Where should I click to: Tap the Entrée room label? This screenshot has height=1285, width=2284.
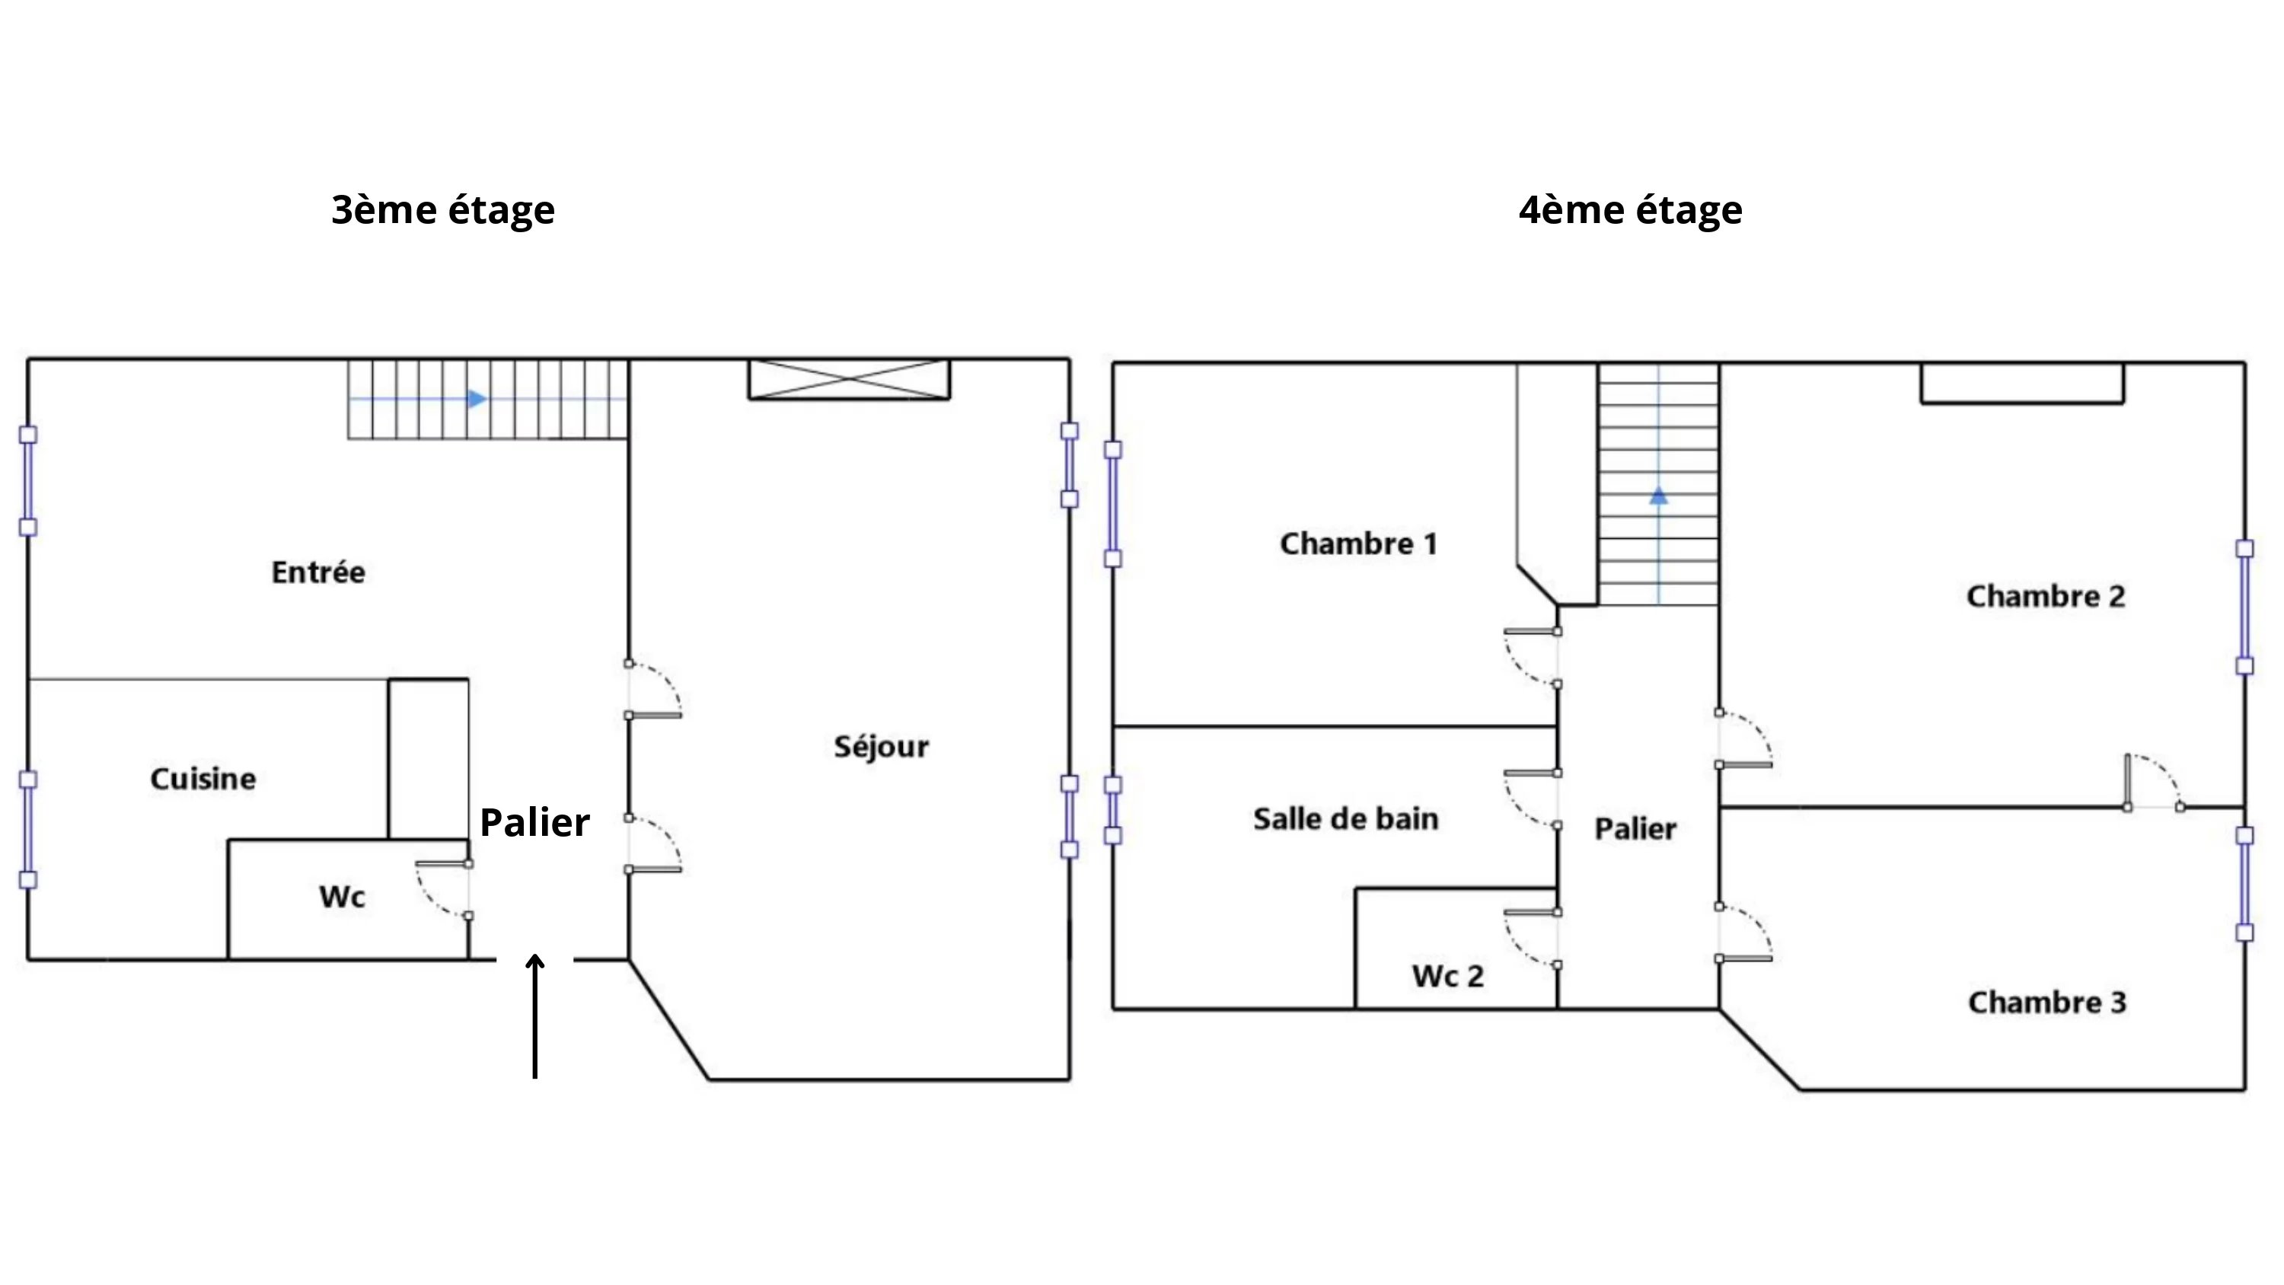(318, 572)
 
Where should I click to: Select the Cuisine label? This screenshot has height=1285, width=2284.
(203, 779)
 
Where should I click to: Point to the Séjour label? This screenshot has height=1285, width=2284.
(882, 747)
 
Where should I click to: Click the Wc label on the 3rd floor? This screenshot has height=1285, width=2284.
(343, 897)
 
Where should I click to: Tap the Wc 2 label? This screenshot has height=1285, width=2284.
(1448, 975)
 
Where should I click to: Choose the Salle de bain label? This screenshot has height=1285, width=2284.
(1346, 818)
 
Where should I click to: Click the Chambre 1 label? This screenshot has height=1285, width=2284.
(1358, 544)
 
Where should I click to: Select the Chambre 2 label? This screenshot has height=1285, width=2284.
(2046, 596)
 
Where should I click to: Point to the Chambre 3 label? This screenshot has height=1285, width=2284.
(2047, 1002)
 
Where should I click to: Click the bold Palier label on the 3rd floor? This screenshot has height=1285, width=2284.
(534, 822)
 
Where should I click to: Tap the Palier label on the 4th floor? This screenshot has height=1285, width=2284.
(1636, 828)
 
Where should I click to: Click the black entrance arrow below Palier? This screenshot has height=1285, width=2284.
(534, 1016)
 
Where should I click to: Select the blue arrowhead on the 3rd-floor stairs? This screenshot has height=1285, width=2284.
(477, 399)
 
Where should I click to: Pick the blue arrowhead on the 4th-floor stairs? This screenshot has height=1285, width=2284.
(1658, 496)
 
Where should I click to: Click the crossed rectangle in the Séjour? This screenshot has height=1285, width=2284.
(850, 380)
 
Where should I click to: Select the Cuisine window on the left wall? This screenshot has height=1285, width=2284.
(28, 829)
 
